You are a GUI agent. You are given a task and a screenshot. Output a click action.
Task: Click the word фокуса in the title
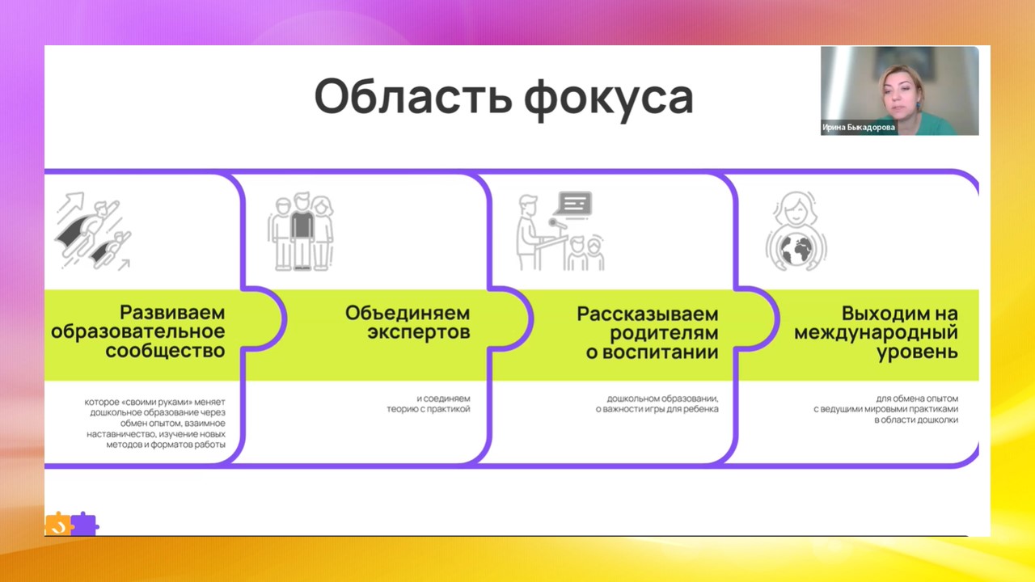pyautogui.click(x=608, y=97)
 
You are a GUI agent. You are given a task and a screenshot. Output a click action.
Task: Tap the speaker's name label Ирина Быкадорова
pyautogui.click(x=859, y=127)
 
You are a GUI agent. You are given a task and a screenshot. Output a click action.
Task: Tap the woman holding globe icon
pyautogui.click(x=796, y=232)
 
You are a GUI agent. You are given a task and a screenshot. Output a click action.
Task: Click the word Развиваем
pyautogui.click(x=172, y=313)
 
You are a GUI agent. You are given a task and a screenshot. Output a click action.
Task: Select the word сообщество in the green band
pyautogui.click(x=165, y=352)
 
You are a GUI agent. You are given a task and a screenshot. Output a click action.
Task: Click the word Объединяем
pyautogui.click(x=407, y=313)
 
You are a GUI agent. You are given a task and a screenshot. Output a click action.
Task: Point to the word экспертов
pyautogui.click(x=418, y=333)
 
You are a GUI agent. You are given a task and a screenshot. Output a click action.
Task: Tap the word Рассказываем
pyautogui.click(x=647, y=314)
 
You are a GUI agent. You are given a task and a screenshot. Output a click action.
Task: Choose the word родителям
pyautogui.click(x=652, y=333)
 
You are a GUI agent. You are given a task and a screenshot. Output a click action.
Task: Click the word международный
pyautogui.click(x=876, y=333)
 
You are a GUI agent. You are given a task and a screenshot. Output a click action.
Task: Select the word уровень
pyautogui.click(x=919, y=352)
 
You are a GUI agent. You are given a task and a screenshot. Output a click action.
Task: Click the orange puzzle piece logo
pyautogui.click(x=57, y=525)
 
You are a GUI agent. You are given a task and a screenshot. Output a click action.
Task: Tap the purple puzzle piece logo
pyautogui.click(x=84, y=525)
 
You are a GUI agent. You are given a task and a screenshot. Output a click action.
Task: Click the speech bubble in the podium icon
pyautogui.click(x=575, y=203)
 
